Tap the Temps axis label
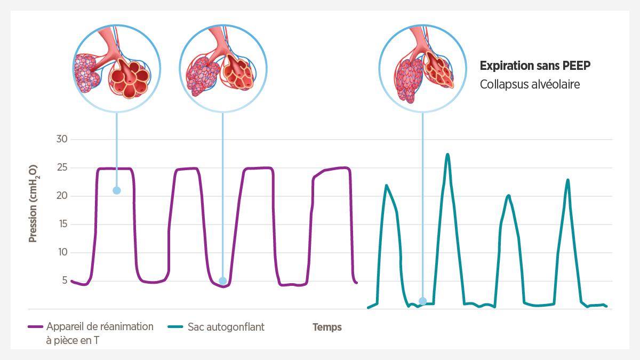pos(327,327)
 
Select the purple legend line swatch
pos(35,327)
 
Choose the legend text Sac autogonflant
pos(226,327)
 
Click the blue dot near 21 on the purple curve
pos(116,190)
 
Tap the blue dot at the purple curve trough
pos(222,281)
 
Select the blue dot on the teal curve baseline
pos(422,301)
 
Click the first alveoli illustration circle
pos(116,68)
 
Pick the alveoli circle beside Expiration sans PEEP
pos(422,68)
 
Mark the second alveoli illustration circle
pos(222,68)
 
